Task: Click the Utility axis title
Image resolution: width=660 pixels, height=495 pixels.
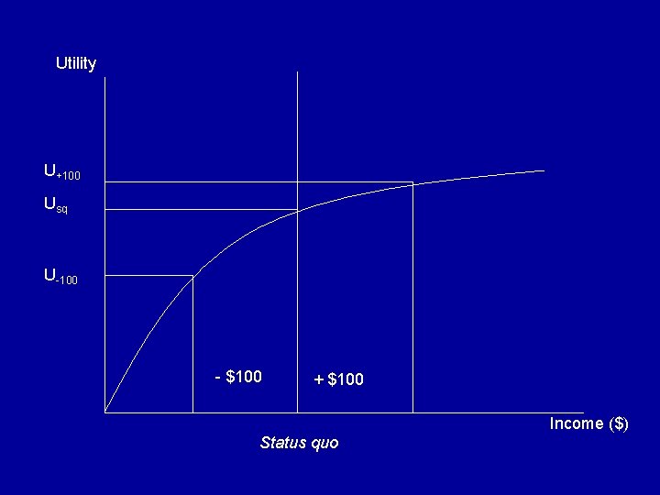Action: (x=75, y=63)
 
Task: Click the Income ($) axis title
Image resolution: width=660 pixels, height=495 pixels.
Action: (x=588, y=423)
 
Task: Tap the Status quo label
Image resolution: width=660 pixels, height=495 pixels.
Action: (x=299, y=443)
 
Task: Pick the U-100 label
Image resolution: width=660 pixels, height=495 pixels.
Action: (x=60, y=275)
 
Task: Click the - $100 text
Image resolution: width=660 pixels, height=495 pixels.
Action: (x=238, y=377)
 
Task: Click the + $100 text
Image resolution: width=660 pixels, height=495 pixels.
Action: (x=338, y=379)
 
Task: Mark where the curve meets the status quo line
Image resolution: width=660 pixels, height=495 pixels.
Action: (x=298, y=211)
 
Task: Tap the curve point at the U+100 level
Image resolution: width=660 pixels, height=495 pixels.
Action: (x=412, y=183)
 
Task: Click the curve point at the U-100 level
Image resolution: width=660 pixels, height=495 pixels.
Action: (x=192, y=276)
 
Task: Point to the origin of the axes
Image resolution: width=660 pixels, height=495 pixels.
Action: (x=105, y=412)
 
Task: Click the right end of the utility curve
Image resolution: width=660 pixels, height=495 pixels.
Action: (x=544, y=170)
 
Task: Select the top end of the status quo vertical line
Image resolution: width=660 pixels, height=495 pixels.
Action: (x=298, y=71)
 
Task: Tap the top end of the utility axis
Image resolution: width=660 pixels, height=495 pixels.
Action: (x=105, y=78)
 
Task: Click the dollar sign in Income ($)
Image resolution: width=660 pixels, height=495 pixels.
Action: (x=619, y=423)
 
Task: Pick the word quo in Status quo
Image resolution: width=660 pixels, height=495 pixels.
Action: (x=324, y=444)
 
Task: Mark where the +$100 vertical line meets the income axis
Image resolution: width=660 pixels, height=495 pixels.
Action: (x=412, y=412)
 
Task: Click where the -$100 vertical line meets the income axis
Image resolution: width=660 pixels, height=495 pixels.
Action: (x=192, y=412)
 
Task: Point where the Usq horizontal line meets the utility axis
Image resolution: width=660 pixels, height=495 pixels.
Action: (x=105, y=210)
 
